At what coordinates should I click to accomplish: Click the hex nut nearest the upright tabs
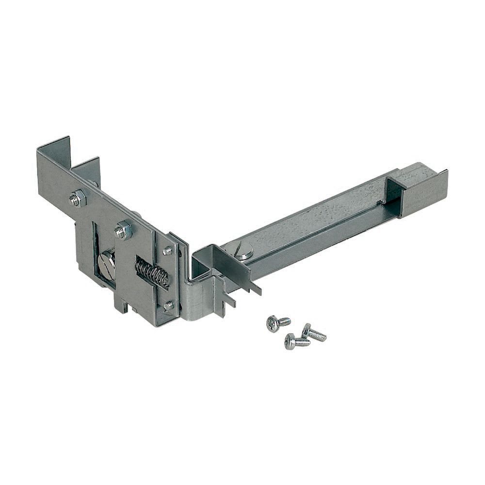pyautogui.click(x=78, y=198)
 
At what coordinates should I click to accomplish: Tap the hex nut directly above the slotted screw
pyautogui.click(x=124, y=230)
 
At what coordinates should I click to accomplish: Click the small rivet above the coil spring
pyautogui.click(x=167, y=251)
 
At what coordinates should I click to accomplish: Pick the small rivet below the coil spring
pyautogui.click(x=168, y=306)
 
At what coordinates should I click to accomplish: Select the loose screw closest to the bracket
pyautogui.click(x=277, y=323)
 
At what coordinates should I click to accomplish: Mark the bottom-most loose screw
pyautogui.click(x=296, y=342)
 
